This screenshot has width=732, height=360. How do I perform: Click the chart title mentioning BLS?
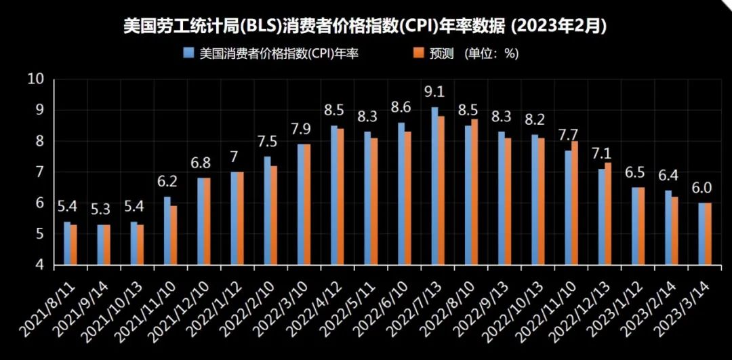(364, 26)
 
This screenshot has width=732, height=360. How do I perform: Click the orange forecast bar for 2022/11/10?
(575, 203)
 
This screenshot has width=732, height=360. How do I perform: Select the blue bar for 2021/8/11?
(67, 243)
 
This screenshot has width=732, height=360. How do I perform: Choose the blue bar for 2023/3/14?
(701, 233)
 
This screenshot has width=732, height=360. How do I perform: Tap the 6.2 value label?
(166, 182)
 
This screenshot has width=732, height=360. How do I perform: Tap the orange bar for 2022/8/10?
(474, 192)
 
